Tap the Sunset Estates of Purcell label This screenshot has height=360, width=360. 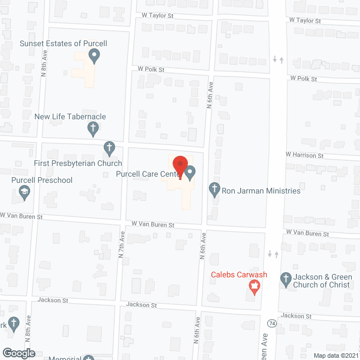click(x=63, y=43)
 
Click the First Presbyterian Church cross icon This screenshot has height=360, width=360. click(x=110, y=149)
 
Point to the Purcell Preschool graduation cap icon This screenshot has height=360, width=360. click(x=25, y=193)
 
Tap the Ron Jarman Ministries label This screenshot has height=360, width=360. click(x=262, y=191)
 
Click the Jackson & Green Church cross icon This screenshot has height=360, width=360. click(x=286, y=278)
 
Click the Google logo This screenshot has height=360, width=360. click(x=18, y=353)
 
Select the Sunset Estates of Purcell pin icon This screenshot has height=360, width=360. click(x=94, y=56)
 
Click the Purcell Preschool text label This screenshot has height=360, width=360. click(x=42, y=181)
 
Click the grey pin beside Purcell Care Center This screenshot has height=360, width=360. click(x=190, y=172)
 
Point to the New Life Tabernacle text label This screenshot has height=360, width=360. click(x=70, y=117)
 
